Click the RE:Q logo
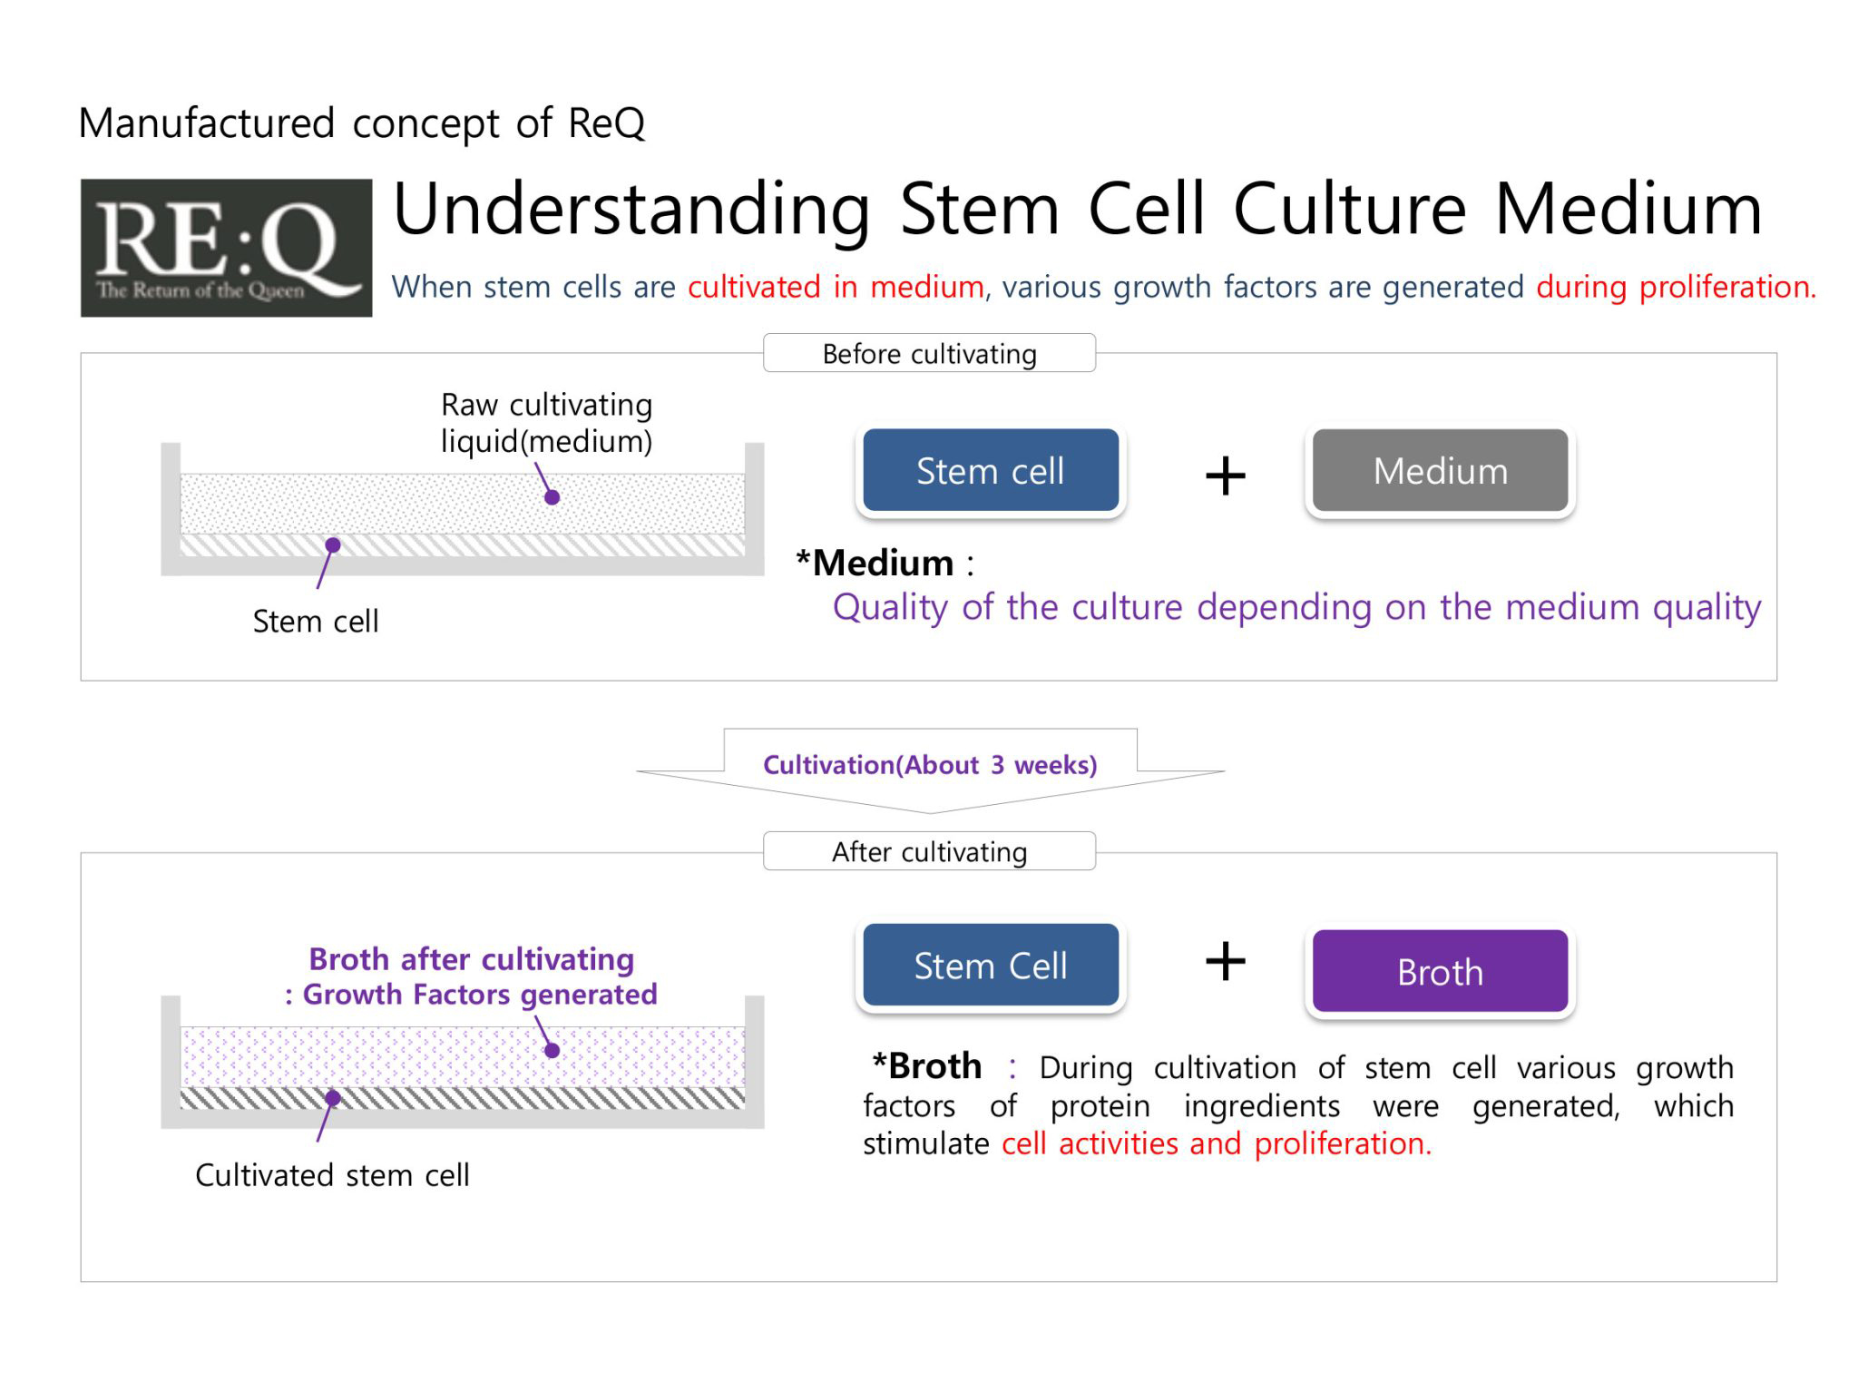[226, 248]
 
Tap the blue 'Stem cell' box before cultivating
[991, 470]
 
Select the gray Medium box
[1440, 470]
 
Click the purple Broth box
[1440, 971]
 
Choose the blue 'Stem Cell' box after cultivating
[991, 965]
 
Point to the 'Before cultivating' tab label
[929, 353]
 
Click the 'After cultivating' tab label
[929, 851]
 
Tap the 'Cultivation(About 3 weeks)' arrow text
[930, 765]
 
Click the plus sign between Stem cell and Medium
[1225, 476]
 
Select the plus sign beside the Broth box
[1225, 961]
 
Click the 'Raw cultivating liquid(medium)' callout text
[546, 423]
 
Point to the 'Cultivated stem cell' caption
[332, 1175]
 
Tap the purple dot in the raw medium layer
[552, 497]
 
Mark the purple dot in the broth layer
[552, 1051]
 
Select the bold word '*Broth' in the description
[926, 1065]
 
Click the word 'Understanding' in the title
[631, 210]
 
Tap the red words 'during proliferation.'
[1677, 287]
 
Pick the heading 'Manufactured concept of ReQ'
[362, 123]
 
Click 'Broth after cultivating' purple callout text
[472, 959]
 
